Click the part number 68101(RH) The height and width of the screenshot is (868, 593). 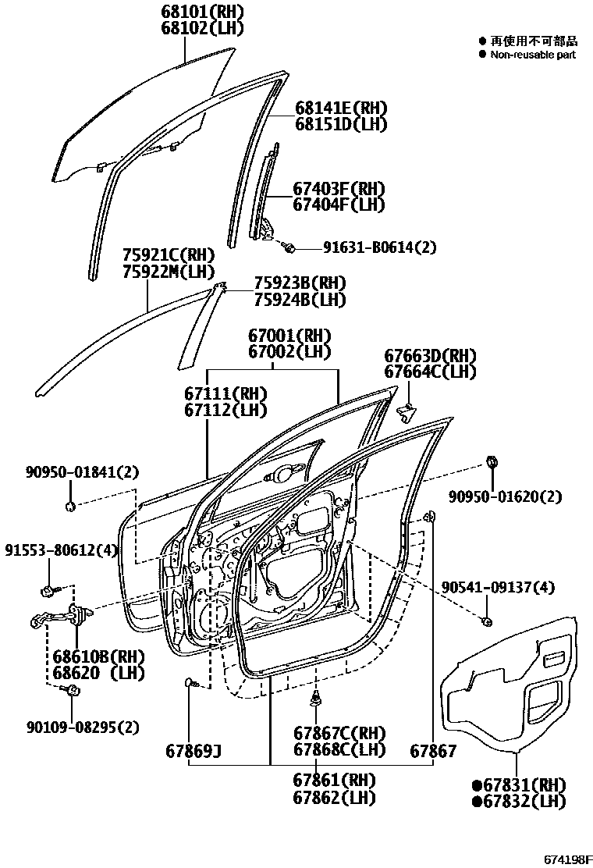coord(191,12)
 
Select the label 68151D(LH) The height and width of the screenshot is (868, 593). coord(341,124)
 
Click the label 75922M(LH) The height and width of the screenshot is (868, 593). coord(169,271)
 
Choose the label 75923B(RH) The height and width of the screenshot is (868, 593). coord(300,283)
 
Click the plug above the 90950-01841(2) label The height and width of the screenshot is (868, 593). coord(71,507)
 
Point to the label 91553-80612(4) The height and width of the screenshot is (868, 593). coord(61,550)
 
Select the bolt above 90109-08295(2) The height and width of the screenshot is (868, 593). coord(71,689)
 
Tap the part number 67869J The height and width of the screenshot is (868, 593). coord(193,752)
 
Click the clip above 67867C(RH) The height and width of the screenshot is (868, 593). coord(317,699)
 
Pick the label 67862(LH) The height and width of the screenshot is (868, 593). coord(334,797)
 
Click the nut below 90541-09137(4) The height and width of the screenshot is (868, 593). coord(486,621)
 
